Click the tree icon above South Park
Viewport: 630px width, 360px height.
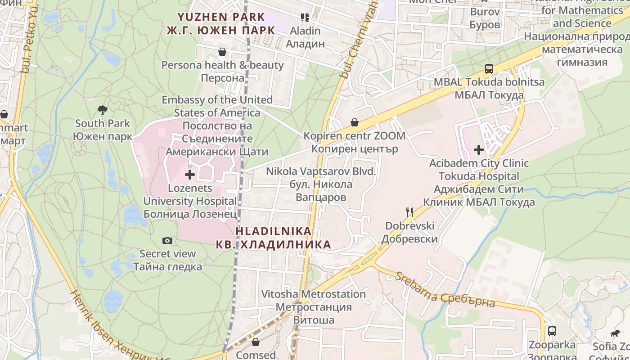[x=103, y=110]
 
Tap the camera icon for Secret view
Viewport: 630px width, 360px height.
[x=167, y=241]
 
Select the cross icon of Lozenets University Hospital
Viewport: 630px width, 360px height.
[x=190, y=175]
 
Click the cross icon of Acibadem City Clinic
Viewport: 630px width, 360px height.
[x=479, y=150]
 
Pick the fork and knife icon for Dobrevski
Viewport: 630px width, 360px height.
[x=409, y=212]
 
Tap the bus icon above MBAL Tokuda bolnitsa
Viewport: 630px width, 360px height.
[x=489, y=69]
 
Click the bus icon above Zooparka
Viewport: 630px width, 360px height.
[x=552, y=331]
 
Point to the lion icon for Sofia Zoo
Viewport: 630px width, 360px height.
[x=615, y=333]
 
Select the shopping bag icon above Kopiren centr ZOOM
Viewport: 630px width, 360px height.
[x=355, y=122]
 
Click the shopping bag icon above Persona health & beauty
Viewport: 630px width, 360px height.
[x=222, y=52]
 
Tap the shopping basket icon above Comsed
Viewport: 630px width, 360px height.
[x=256, y=342]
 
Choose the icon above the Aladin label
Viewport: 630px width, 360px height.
[x=305, y=18]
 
